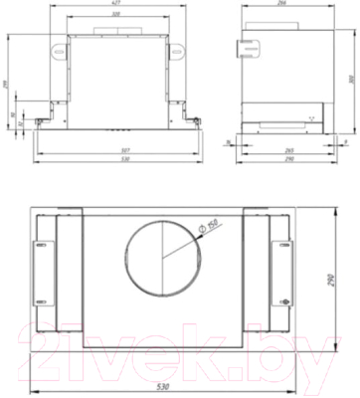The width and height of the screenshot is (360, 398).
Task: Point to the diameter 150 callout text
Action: point(207,229)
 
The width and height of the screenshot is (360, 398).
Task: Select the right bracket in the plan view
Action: point(284,273)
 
